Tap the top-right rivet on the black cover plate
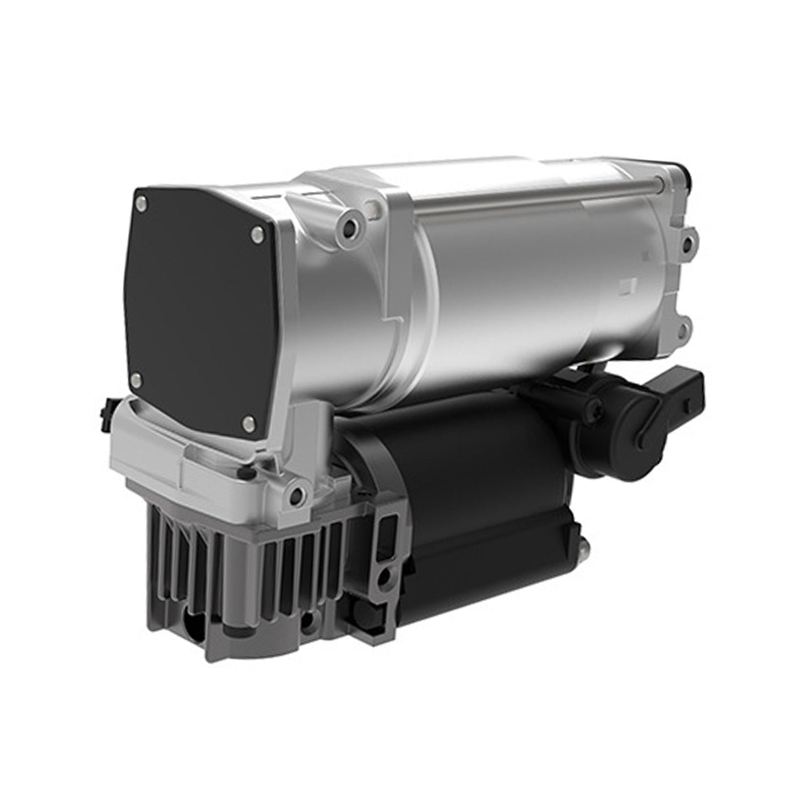point(254,236)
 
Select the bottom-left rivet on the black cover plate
point(138,378)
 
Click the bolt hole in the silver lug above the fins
point(297,493)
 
